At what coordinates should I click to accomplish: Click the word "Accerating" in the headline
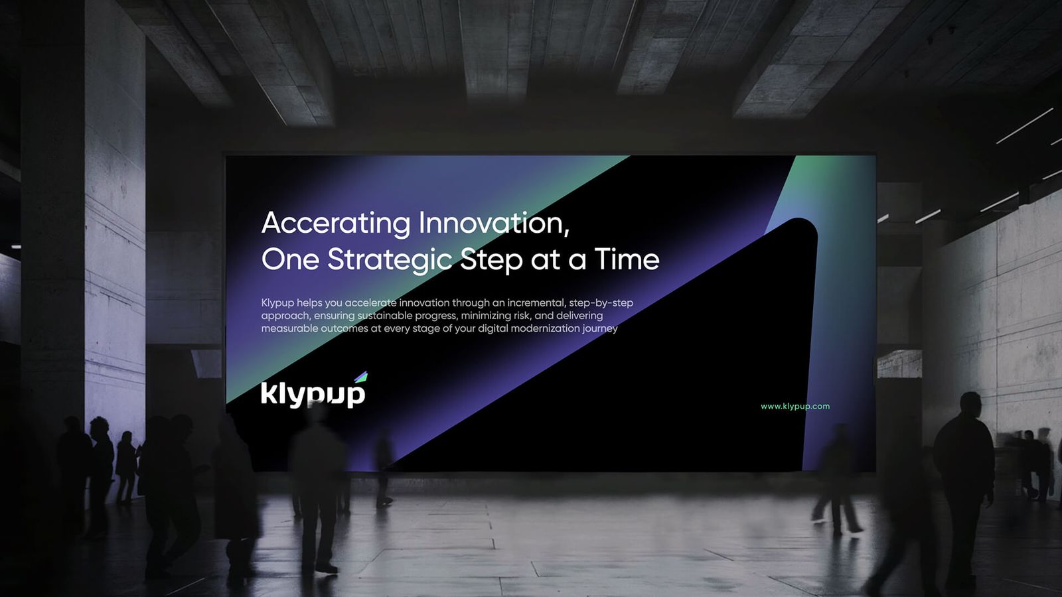click(x=336, y=223)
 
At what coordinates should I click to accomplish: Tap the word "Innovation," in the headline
click(x=494, y=222)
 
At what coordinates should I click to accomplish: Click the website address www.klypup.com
click(x=795, y=407)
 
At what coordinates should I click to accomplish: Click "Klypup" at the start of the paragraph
click(x=277, y=303)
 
